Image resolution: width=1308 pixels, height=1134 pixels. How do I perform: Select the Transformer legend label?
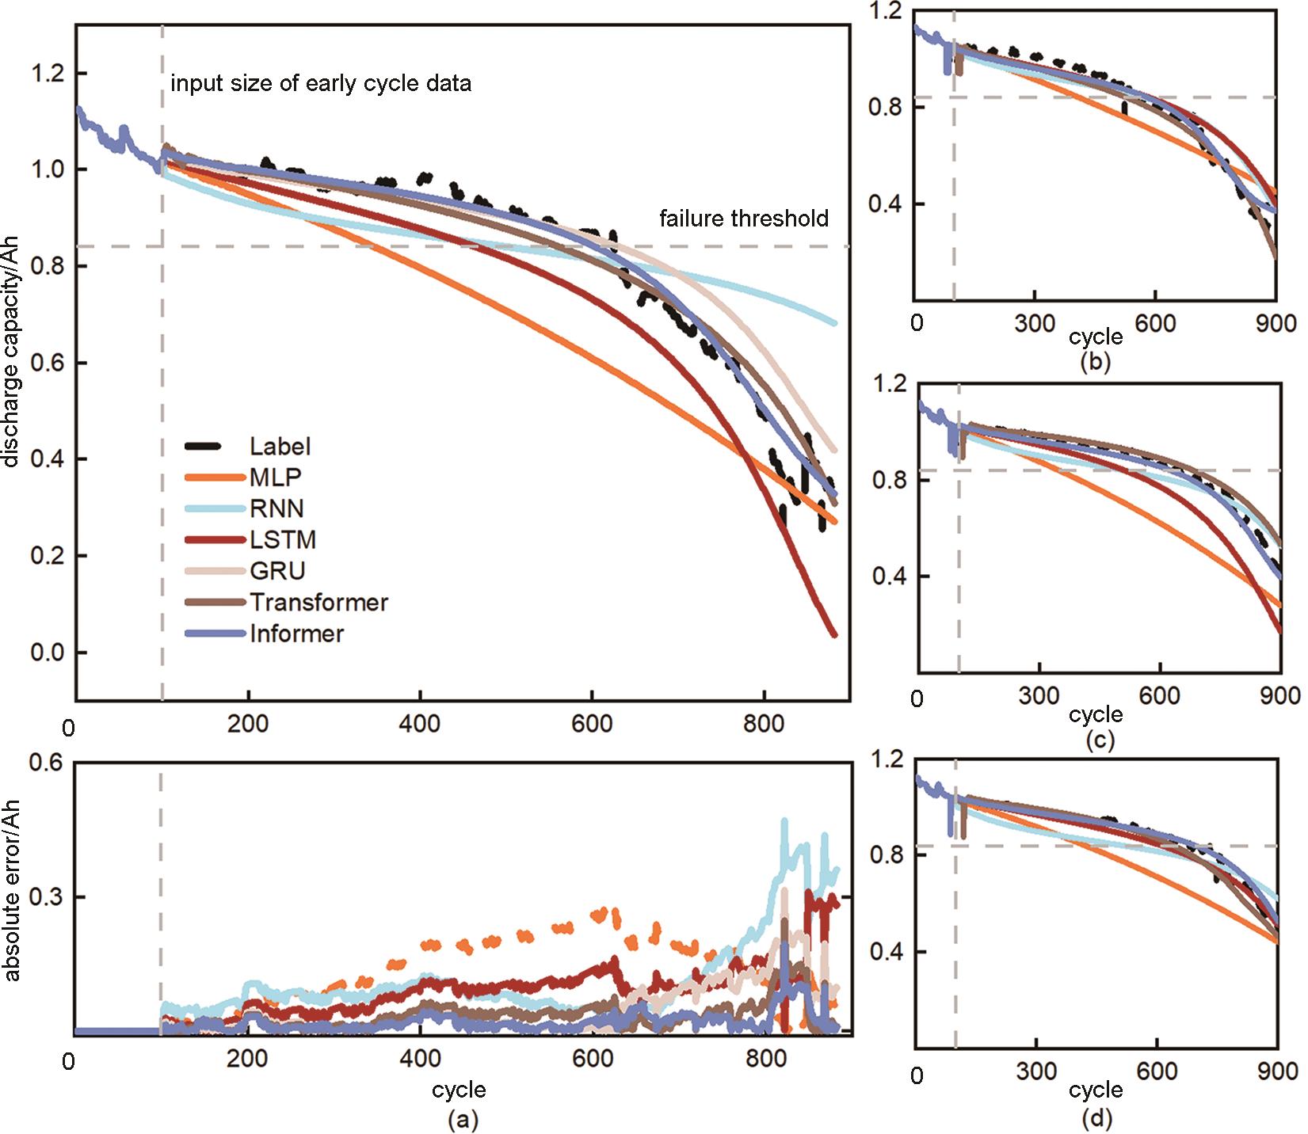tap(318, 603)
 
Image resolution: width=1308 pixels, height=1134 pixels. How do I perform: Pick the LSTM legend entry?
tap(283, 540)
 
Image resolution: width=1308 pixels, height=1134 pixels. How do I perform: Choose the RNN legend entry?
tap(276, 508)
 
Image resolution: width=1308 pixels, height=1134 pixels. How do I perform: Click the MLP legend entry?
tap(275, 478)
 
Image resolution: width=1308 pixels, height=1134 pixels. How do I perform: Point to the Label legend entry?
tap(280, 447)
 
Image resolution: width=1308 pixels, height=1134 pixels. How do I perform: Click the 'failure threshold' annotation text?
tap(744, 219)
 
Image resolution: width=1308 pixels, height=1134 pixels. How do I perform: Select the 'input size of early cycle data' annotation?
tap(321, 84)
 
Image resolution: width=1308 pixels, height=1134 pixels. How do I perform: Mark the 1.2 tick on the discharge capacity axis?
tap(47, 74)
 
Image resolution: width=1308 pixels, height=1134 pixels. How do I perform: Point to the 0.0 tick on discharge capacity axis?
tap(47, 653)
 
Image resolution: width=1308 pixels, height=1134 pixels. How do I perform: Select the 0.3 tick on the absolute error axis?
tap(47, 897)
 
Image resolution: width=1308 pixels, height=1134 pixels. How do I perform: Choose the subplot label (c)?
tap(1096, 740)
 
